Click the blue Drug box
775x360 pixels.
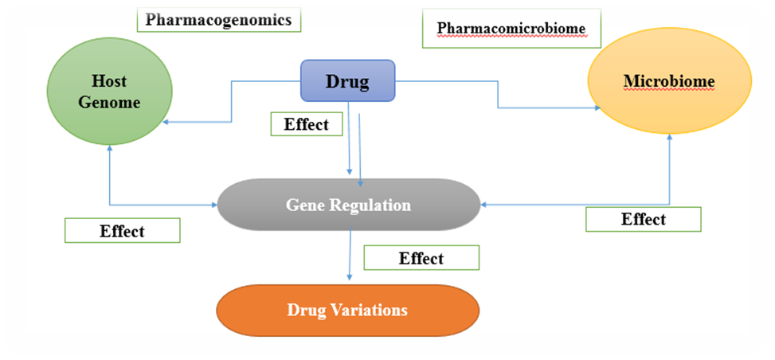coord(347,80)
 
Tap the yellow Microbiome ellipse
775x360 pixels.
coord(668,82)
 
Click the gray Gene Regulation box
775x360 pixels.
coord(348,205)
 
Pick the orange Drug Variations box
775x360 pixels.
coord(348,308)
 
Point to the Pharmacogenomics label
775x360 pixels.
coord(218,20)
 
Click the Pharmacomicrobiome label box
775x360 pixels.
coord(511,29)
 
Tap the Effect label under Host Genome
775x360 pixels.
coord(122,231)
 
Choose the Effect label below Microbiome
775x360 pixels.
coord(644,219)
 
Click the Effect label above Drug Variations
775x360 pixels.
coord(421,257)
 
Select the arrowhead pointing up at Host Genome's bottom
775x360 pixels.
coord(108,151)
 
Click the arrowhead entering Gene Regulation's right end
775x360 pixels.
coord(483,205)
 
